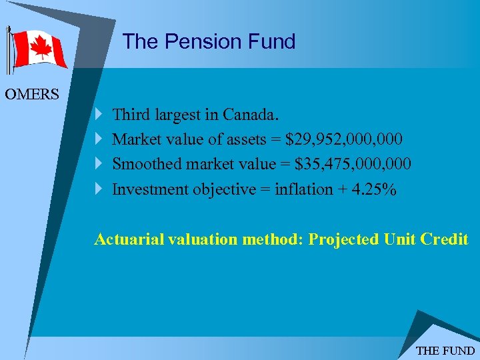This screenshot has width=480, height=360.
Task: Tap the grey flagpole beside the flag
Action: pos(8,50)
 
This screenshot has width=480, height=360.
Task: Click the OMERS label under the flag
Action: pos(31,94)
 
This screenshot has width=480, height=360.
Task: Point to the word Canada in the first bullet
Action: pos(247,115)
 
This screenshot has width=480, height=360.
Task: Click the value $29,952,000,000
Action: pos(343,139)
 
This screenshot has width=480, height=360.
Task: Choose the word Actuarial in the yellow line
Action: pos(127,239)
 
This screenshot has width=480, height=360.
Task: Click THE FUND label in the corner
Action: pos(445,351)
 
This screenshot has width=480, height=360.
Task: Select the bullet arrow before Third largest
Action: pos(99,115)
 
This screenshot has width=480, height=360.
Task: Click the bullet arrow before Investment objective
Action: pos(99,189)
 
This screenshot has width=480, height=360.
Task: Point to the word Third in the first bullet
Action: pos(131,115)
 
